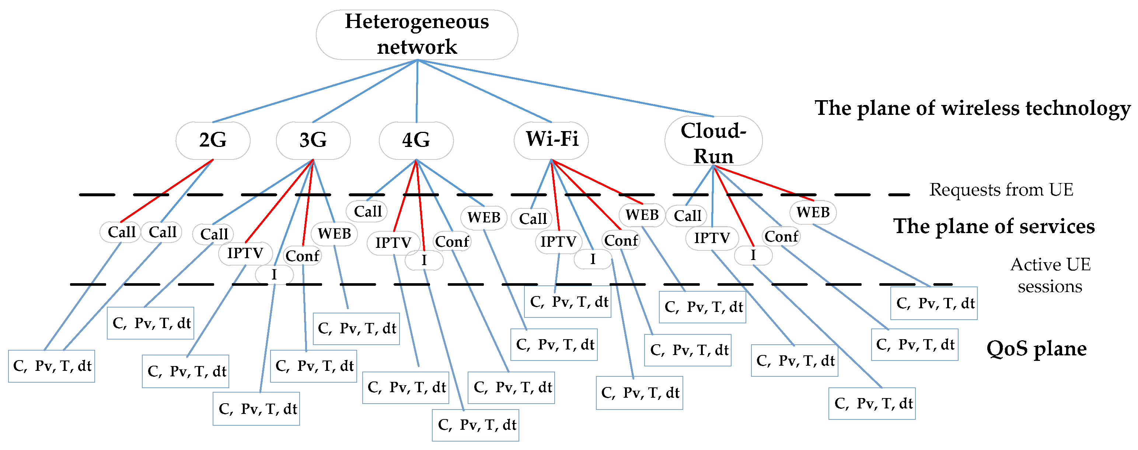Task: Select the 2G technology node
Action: click(213, 140)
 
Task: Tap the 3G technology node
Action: click(313, 140)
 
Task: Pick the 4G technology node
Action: click(416, 140)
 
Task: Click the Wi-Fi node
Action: click(551, 140)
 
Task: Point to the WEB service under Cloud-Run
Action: click(813, 212)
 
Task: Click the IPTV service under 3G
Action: click(245, 253)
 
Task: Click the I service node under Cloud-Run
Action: click(753, 255)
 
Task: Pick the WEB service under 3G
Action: click(334, 233)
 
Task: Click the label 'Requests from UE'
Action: click(1001, 190)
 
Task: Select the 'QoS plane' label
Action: click(1036, 349)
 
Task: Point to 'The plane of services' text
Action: click(994, 226)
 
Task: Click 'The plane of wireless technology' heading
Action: click(972, 108)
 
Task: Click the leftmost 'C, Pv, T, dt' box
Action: click(52, 366)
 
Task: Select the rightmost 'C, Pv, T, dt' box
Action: click(933, 303)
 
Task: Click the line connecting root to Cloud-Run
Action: click(565, 88)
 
